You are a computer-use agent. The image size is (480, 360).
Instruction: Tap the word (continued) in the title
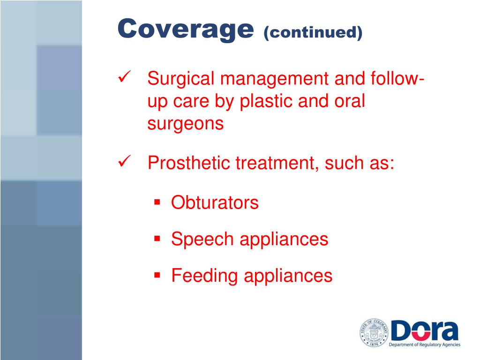(313, 32)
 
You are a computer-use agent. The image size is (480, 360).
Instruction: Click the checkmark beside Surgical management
(124, 77)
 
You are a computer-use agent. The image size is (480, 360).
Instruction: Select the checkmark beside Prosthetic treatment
(124, 162)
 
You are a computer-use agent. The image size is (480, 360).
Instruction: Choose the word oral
(347, 102)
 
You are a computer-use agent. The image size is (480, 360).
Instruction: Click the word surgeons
(185, 124)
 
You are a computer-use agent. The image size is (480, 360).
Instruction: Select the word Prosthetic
(188, 164)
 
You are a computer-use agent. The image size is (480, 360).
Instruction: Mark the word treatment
(270, 164)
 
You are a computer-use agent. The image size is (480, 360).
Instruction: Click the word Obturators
(215, 203)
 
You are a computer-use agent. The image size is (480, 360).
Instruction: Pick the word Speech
(202, 240)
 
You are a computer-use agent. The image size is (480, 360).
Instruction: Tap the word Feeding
(204, 276)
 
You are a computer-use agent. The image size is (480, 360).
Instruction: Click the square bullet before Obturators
(157, 202)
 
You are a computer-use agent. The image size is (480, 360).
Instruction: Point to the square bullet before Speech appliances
(157, 239)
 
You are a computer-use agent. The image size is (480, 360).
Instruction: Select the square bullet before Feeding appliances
(157, 275)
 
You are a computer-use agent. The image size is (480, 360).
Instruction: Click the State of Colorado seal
(374, 333)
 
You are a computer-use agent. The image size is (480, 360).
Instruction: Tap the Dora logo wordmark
(424, 330)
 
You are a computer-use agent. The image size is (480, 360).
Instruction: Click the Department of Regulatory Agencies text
(425, 345)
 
